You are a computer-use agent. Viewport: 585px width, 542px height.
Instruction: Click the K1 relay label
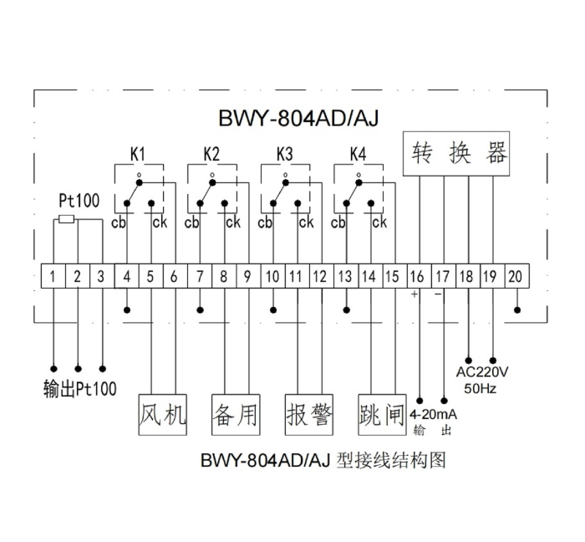tap(138, 155)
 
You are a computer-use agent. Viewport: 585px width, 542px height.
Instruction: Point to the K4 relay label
tap(358, 155)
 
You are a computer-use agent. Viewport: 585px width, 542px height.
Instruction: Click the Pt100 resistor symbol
tap(66, 220)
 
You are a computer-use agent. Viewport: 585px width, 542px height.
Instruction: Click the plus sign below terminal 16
tap(414, 294)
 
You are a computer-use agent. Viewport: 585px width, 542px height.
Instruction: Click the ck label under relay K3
tap(306, 222)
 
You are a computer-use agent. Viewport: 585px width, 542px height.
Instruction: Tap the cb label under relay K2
tap(192, 222)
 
